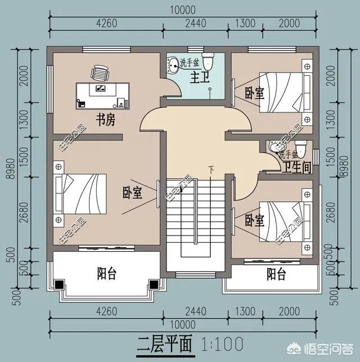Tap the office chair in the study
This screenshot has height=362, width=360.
(x=100, y=73)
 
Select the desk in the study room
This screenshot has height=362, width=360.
(x=103, y=95)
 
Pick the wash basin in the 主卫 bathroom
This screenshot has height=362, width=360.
(x=172, y=66)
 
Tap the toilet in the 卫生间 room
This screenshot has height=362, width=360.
(x=301, y=148)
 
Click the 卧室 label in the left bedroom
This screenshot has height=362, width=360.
(x=132, y=193)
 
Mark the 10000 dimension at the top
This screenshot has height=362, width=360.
(x=181, y=10)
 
